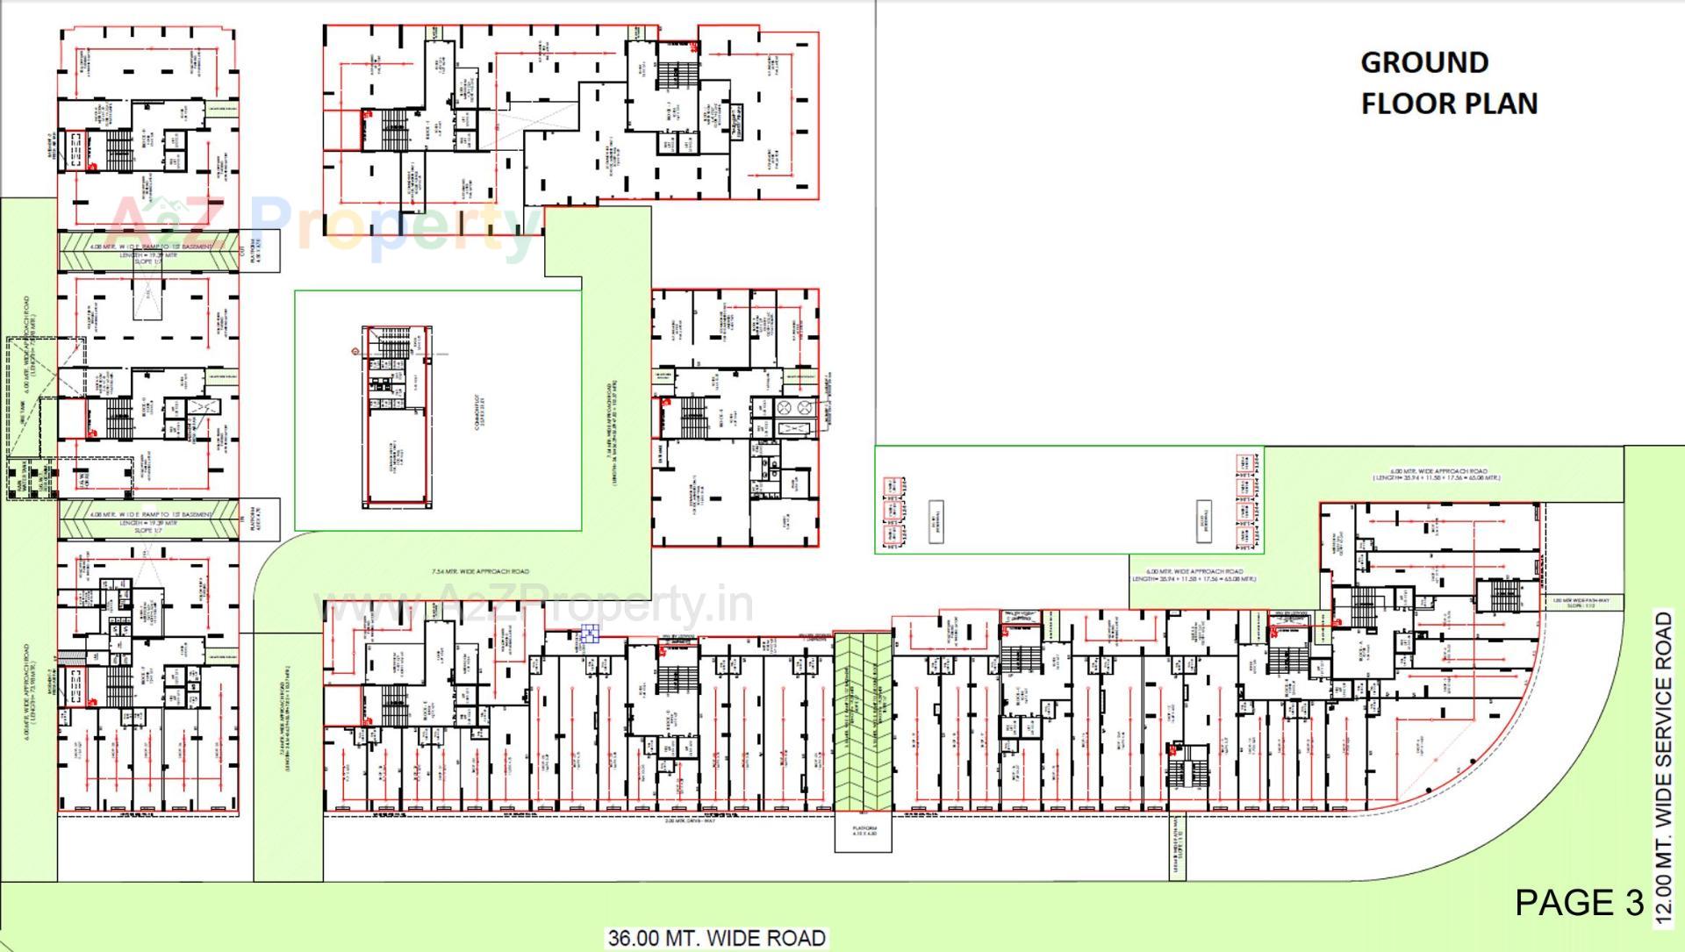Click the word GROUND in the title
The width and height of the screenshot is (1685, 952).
(x=1423, y=63)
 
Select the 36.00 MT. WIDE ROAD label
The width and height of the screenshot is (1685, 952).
(x=716, y=938)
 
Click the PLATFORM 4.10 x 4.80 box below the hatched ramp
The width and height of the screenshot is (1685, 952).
(x=863, y=830)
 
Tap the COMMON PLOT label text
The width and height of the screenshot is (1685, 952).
(x=478, y=412)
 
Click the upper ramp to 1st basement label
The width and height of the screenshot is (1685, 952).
(x=150, y=247)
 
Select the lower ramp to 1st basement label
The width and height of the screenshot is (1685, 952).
(x=150, y=514)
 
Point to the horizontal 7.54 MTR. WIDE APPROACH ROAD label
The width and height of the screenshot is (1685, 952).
(x=480, y=571)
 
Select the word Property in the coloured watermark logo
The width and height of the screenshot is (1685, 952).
(x=395, y=226)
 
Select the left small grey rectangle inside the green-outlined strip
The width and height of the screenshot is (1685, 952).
(x=936, y=521)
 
